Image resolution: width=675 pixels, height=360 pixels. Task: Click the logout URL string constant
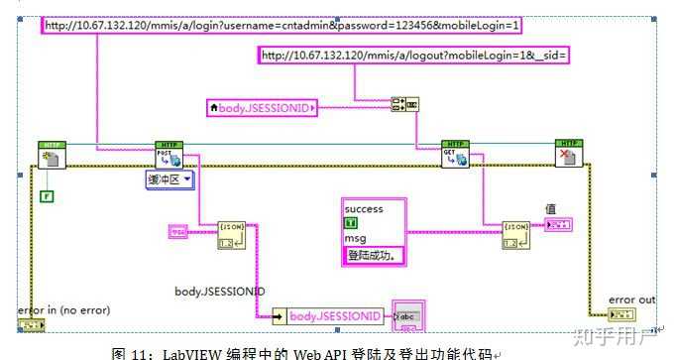coord(413,56)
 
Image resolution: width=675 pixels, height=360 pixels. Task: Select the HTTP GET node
coord(456,155)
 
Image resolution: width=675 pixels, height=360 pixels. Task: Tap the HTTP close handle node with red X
coord(568,155)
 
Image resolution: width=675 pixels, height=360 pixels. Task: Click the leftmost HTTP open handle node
coord(51,155)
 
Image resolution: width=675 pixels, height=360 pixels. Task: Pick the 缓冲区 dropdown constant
coord(169,180)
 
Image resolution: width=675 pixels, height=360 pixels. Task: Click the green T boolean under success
coord(350,224)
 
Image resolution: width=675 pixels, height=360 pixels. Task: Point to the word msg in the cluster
coord(355,239)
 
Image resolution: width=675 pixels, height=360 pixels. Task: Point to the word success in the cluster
coord(363,209)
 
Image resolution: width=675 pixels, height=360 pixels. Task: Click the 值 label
coord(551,208)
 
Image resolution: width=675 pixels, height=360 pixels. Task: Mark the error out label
coord(631,300)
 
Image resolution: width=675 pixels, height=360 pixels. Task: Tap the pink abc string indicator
coord(408,314)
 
